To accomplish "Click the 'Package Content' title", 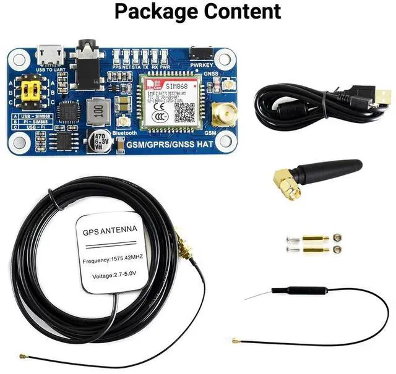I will coord(197,11).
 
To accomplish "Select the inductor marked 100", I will coord(97,113).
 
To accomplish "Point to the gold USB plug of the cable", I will coord(384,97).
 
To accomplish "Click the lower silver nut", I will coord(337,249).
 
